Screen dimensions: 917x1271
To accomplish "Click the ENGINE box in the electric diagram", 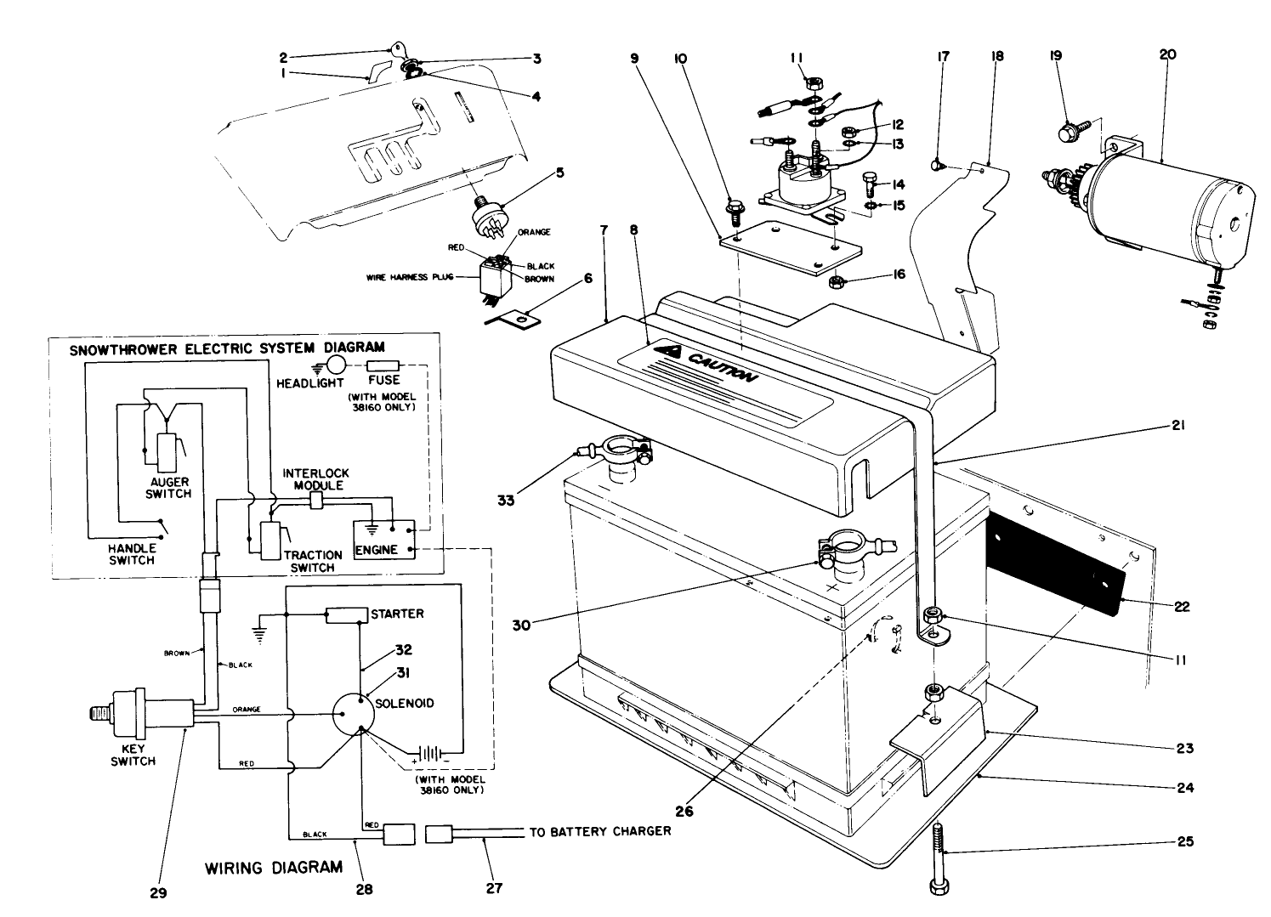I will tap(376, 549).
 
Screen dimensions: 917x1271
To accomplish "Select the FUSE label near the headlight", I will tap(384, 382).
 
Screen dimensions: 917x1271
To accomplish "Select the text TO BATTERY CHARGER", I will tap(600, 831).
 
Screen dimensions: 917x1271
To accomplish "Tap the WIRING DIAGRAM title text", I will tap(274, 868).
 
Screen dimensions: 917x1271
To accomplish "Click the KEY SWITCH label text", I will tap(133, 755).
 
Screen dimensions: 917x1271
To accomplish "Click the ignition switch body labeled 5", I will tap(491, 218).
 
